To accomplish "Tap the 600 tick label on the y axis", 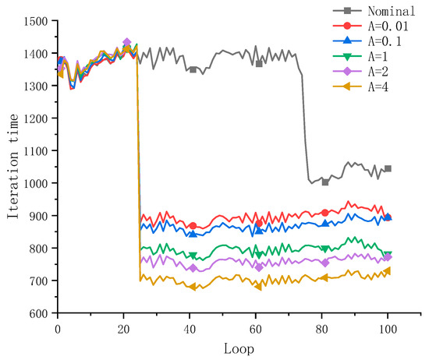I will coord(39,313).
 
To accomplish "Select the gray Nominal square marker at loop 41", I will coord(193,69).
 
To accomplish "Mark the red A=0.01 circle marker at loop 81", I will coord(325,213).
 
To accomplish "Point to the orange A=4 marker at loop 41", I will coord(193,287).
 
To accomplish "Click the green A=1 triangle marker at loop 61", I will coord(259,256).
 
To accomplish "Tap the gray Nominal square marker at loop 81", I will coord(325,182).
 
